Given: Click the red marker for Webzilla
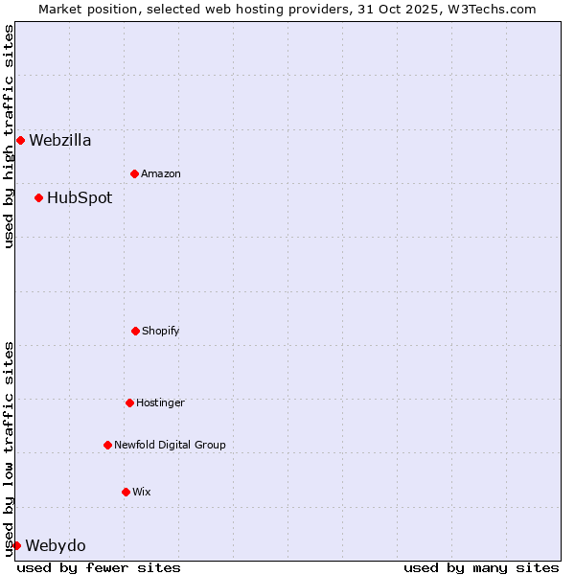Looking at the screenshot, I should [x=20, y=140].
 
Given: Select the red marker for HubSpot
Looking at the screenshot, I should [x=38, y=197].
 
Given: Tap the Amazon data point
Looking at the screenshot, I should [x=134, y=173].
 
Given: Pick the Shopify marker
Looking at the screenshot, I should [x=135, y=331].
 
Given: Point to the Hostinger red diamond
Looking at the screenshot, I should [x=129, y=402].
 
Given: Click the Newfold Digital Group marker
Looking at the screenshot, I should [x=107, y=445].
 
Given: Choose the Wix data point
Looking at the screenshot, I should [x=126, y=492].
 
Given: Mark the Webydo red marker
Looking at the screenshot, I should [x=16, y=545].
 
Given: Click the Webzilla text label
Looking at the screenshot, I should [x=60, y=140].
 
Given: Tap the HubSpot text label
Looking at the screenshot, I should [x=80, y=197].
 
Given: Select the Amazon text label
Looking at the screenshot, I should [x=161, y=173].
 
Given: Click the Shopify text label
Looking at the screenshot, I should [x=161, y=331].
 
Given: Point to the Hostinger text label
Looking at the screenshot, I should [x=160, y=402].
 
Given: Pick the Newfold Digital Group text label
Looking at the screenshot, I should [x=170, y=445].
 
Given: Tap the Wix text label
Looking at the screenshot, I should [x=142, y=492].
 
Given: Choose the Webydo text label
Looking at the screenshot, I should [x=56, y=545].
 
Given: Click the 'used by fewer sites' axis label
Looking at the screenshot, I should [x=99, y=567].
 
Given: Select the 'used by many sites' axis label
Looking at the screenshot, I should [x=481, y=567].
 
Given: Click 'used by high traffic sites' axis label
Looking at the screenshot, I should [x=9, y=136].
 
